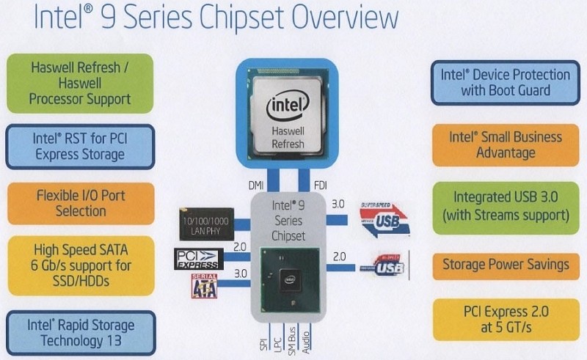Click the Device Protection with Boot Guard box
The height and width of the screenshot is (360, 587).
[x=506, y=83]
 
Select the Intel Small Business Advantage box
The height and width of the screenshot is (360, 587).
[x=506, y=144]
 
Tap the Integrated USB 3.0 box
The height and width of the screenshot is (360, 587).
[x=506, y=206]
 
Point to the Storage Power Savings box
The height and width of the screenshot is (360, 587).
[x=506, y=265]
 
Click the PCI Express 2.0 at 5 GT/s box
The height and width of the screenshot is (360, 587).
[x=506, y=319]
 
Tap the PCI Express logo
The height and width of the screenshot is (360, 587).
[x=198, y=259]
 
